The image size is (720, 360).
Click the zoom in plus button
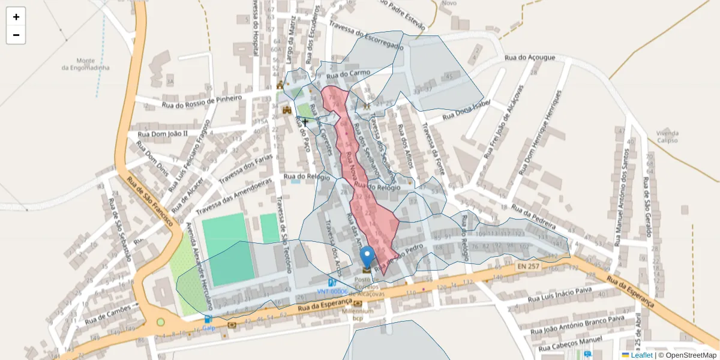[16, 17]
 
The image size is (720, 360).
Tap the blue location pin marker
[367, 257]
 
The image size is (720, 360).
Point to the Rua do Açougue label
[530, 58]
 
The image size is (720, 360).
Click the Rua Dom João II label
[163, 133]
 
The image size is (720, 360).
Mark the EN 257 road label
[527, 265]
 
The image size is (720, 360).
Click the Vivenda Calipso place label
[667, 136]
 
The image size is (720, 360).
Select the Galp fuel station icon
[208, 319]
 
